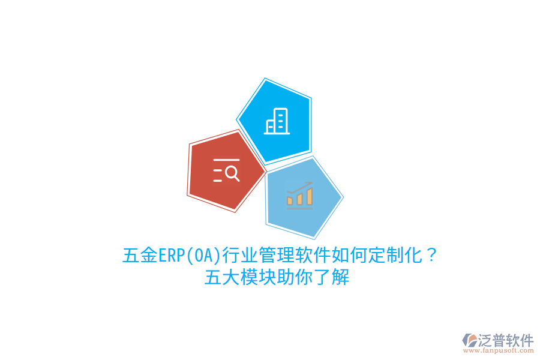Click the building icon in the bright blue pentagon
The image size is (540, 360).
[277, 121]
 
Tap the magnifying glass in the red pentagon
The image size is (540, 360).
[232, 173]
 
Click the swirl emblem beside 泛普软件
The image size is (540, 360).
[469, 341]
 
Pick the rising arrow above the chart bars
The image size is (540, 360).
[299, 185]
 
